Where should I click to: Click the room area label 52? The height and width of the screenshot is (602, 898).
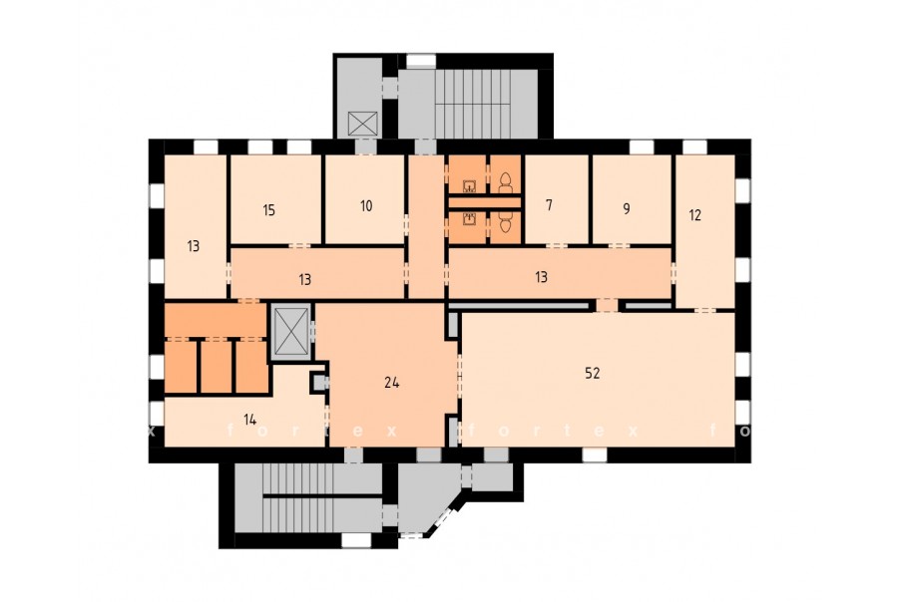click(x=592, y=373)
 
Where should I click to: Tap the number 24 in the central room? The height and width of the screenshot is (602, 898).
click(x=392, y=383)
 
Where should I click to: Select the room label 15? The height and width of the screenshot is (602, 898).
click(x=269, y=210)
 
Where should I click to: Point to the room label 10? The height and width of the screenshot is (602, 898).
click(x=366, y=205)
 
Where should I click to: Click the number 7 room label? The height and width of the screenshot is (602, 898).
click(x=549, y=205)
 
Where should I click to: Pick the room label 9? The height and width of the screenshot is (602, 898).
click(x=627, y=209)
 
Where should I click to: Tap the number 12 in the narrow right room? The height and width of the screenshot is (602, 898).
click(x=694, y=215)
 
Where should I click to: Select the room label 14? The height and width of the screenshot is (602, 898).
click(x=249, y=420)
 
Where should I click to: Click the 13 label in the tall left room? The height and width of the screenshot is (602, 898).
click(x=193, y=246)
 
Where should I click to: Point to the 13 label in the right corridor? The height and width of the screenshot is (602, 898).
click(x=541, y=277)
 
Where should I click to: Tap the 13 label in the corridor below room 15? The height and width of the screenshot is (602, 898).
click(x=304, y=279)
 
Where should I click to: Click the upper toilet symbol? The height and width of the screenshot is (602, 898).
click(x=505, y=182)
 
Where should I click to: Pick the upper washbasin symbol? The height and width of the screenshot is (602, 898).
click(x=470, y=185)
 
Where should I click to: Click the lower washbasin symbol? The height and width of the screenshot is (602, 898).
click(x=470, y=218)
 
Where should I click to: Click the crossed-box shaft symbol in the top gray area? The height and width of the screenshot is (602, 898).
click(x=363, y=123)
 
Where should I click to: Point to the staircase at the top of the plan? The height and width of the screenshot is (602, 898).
click(x=473, y=104)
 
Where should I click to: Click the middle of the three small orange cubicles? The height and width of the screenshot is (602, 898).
click(x=216, y=366)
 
